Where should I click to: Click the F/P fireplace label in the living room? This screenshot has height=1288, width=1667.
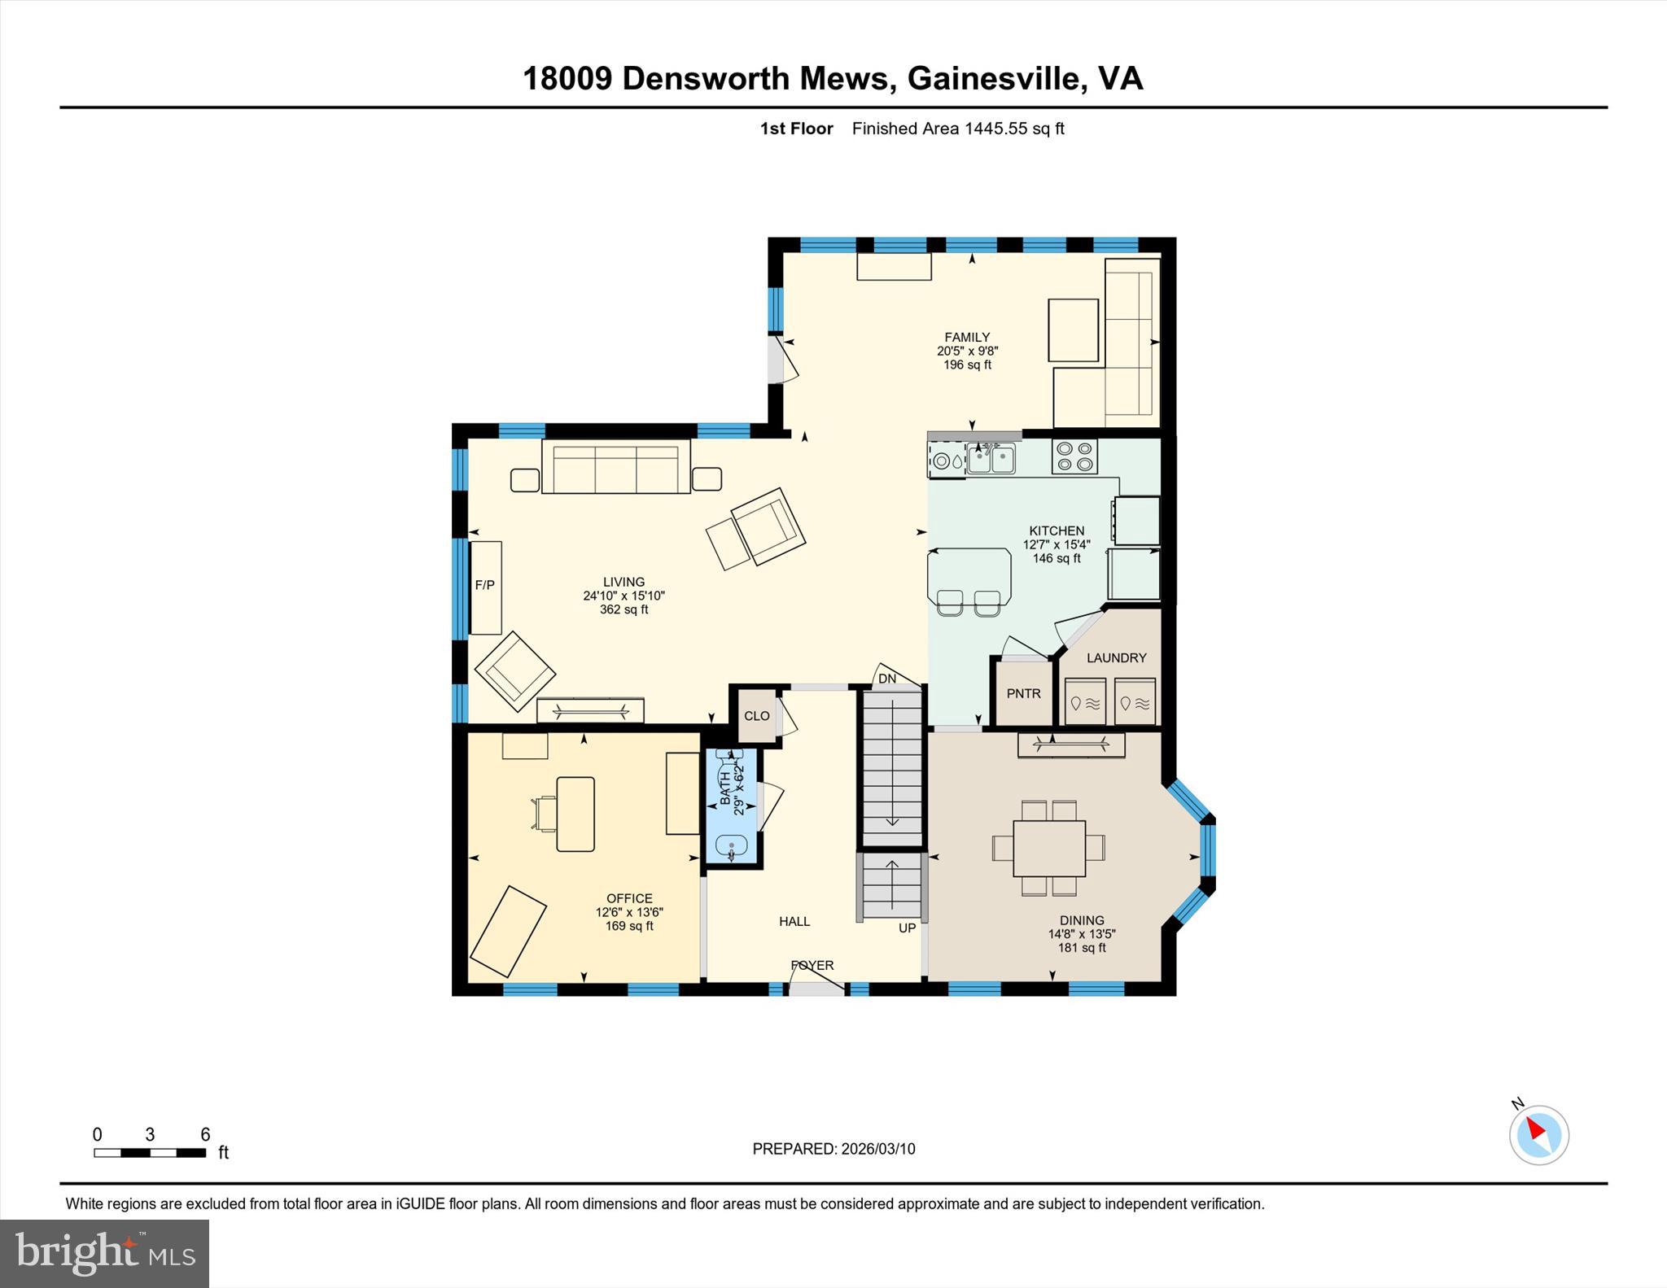485,585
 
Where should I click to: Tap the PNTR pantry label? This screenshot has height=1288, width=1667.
1023,693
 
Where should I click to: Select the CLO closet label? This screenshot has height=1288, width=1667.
756,716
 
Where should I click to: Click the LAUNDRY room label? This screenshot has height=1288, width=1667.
1116,657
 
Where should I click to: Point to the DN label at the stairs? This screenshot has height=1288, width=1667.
887,679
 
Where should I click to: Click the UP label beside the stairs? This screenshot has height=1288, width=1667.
907,928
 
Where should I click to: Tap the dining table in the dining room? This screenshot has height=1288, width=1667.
1048,848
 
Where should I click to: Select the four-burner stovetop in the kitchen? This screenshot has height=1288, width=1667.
1074,456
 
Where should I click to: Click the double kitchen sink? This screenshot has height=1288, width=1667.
991,459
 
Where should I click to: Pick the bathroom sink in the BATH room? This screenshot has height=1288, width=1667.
732,848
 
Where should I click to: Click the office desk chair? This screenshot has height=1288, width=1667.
545,813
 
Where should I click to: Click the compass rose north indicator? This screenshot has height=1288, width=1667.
1538,1134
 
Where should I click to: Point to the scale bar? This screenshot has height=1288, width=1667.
150,1152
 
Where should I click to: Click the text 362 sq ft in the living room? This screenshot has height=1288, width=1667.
623,609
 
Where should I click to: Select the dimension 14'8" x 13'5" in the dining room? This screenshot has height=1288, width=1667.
1081,934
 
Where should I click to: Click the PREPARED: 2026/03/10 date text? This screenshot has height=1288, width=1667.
833,1149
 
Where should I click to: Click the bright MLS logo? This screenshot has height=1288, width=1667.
104,1253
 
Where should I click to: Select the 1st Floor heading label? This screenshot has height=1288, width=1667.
796,129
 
